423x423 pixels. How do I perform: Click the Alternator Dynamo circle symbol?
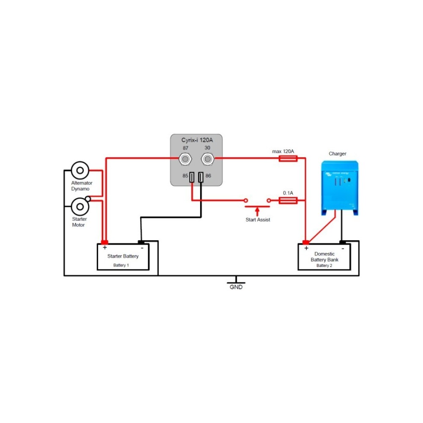pyautogui.click(x=80, y=170)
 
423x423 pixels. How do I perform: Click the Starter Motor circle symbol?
pyautogui.click(x=80, y=207)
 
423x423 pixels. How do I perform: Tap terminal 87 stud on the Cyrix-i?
pyautogui.click(x=185, y=159)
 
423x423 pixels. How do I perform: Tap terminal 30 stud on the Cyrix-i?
pyautogui.click(x=207, y=159)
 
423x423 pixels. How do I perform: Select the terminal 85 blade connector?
pyautogui.click(x=192, y=178)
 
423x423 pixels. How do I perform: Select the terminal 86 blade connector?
pyautogui.click(x=201, y=178)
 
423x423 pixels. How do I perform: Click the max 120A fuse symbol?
pyautogui.click(x=288, y=159)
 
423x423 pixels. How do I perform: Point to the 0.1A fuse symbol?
pyautogui.click(x=288, y=201)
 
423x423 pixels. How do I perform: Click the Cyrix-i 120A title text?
pyautogui.click(x=197, y=140)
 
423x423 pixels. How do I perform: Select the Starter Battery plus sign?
pyautogui.click(x=104, y=247)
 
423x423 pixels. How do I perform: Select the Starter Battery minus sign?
pyautogui.click(x=142, y=247)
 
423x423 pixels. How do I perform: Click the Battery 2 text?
pyautogui.click(x=324, y=265)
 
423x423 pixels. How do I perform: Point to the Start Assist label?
pyautogui.click(x=258, y=220)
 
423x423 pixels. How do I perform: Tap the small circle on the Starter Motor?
pyautogui.click(x=88, y=198)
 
